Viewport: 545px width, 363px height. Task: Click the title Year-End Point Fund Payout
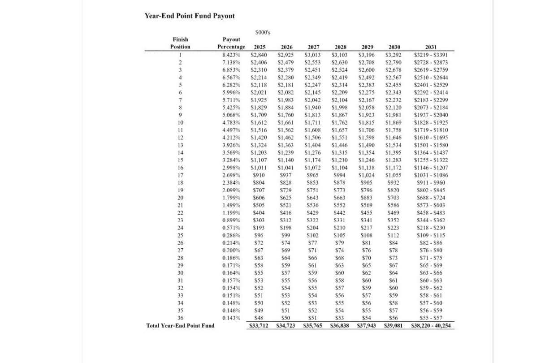click(190, 16)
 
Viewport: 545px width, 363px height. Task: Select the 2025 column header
click(260, 47)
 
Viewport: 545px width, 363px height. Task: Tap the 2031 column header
click(431, 47)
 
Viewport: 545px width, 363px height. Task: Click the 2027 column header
click(313, 47)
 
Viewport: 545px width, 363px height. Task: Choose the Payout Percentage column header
click(231, 43)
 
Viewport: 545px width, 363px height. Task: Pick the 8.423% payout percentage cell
click(232, 55)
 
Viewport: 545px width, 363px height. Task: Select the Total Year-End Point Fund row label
click(181, 326)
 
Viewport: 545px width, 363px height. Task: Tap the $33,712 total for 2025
click(259, 326)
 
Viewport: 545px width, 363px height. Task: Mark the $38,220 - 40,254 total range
click(431, 326)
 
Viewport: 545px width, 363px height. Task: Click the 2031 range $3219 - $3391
click(431, 55)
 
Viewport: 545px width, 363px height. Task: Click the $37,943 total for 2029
click(367, 326)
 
